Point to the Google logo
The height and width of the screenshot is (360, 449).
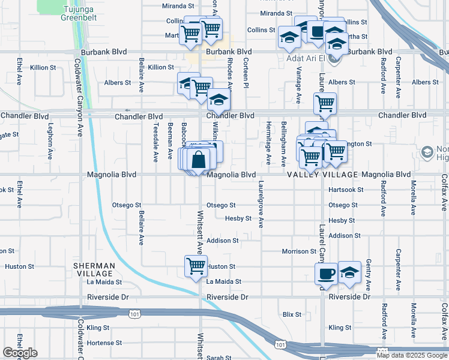20,353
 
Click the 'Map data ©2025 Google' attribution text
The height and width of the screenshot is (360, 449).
412,355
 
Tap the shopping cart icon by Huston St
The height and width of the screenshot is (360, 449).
196,266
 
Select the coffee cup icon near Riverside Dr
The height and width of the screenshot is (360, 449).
326,274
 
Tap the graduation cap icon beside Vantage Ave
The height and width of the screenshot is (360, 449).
289,38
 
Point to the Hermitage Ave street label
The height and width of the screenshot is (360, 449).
268,144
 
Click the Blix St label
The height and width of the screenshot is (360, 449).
291,314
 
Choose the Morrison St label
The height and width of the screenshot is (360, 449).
299,251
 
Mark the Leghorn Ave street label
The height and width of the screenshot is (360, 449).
50,144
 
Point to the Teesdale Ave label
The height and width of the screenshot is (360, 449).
155,143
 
